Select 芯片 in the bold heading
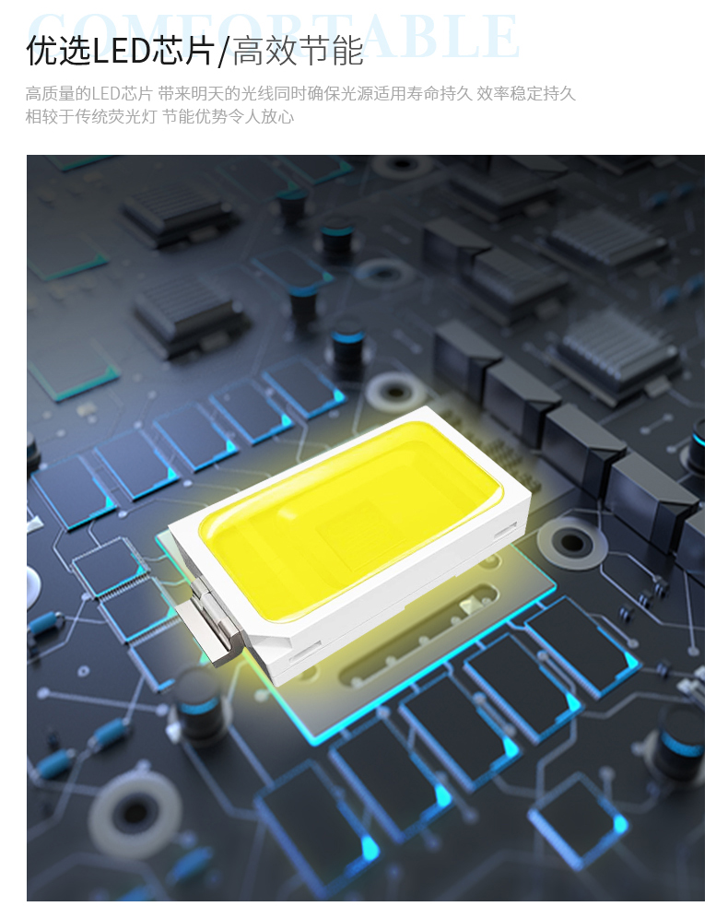(x=183, y=51)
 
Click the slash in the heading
(x=223, y=52)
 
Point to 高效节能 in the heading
(x=298, y=51)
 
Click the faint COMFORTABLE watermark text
(x=274, y=35)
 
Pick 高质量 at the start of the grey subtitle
(x=51, y=94)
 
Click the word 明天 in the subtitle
(x=206, y=94)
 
